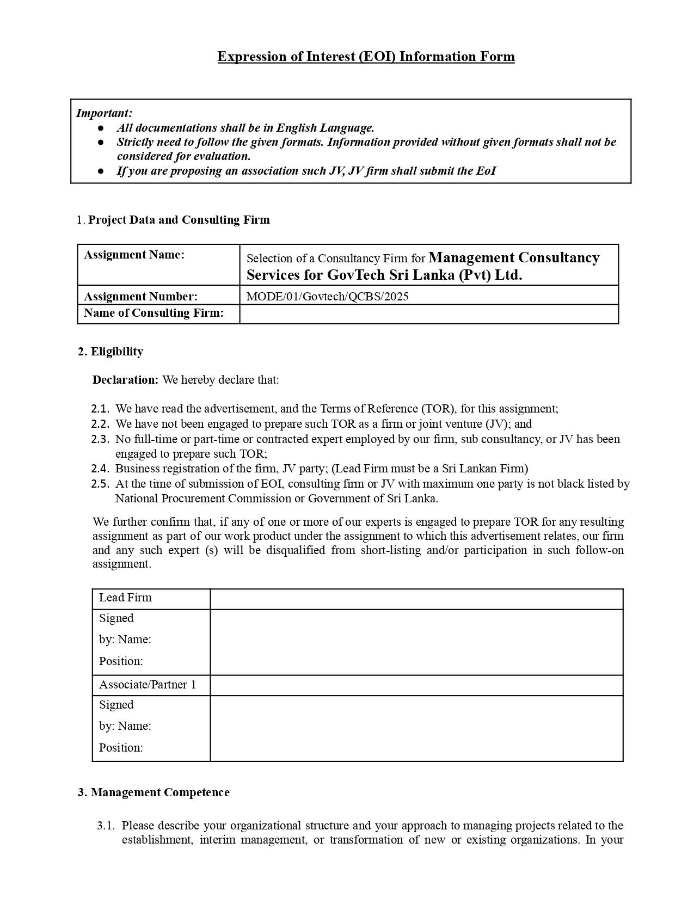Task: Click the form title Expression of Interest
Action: [x=366, y=57]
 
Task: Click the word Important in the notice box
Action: [x=103, y=113]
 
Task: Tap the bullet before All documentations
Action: [x=101, y=128]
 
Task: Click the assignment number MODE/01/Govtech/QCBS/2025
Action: [x=327, y=297]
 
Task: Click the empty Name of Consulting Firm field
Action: [x=429, y=313]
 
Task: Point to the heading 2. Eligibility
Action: [x=110, y=352]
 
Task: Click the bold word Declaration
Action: [x=125, y=380]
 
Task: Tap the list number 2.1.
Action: [x=100, y=409]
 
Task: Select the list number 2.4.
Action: [x=100, y=469]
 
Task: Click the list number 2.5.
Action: [x=100, y=484]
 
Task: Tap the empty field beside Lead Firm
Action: [x=416, y=599]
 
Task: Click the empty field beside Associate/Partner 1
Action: [x=416, y=685]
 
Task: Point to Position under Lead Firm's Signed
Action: [x=121, y=661]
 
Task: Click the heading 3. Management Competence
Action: [x=153, y=792]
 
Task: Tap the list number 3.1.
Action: [x=106, y=826]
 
